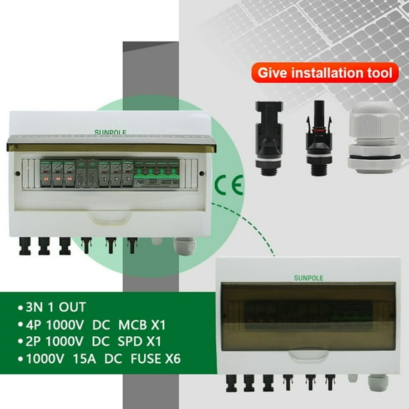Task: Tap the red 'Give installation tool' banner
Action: click(323, 72)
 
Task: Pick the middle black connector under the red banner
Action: click(314, 135)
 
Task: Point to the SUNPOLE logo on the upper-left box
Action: click(108, 131)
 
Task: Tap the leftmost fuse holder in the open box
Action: click(46, 176)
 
